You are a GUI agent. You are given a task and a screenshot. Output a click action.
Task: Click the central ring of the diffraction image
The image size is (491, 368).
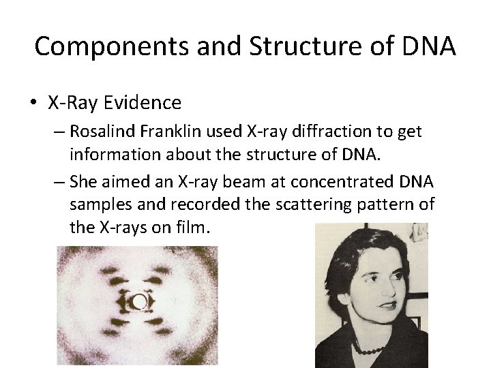point(139,302)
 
